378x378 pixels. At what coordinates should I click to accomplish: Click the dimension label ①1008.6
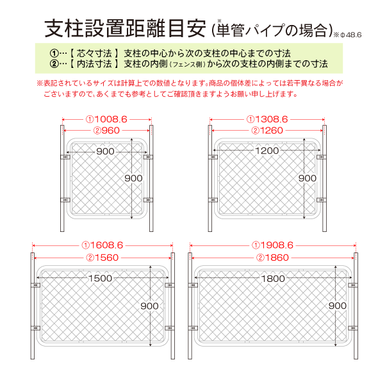click(x=106, y=119)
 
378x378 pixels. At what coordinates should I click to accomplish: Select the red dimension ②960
click(x=106, y=131)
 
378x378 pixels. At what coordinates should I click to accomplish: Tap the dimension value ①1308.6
click(x=267, y=119)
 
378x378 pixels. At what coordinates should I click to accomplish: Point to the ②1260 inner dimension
click(x=267, y=131)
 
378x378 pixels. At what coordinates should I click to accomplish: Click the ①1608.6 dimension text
click(x=103, y=245)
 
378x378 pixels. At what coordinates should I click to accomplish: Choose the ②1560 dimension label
click(x=103, y=258)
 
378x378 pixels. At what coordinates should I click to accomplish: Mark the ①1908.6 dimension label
click(x=273, y=245)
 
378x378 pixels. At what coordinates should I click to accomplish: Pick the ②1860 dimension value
click(x=273, y=258)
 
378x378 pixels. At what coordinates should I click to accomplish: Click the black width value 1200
click(x=267, y=151)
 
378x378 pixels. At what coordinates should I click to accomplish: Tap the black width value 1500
click(x=101, y=279)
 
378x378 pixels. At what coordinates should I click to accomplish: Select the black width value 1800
click(x=273, y=279)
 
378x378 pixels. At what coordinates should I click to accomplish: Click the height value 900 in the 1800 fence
click(x=338, y=306)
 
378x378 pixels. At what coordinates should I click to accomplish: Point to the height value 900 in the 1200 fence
click(x=308, y=178)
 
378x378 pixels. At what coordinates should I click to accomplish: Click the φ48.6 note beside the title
click(x=347, y=35)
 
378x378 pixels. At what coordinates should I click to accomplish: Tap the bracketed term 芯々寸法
click(x=94, y=53)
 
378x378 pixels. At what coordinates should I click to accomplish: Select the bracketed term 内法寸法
click(x=94, y=64)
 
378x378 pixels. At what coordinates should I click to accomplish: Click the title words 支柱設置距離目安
click(x=126, y=29)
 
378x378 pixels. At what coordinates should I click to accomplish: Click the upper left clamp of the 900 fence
click(x=65, y=157)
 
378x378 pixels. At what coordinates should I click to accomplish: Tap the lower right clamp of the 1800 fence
click(x=353, y=328)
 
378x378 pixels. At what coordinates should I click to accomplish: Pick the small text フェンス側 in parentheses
click(x=188, y=65)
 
